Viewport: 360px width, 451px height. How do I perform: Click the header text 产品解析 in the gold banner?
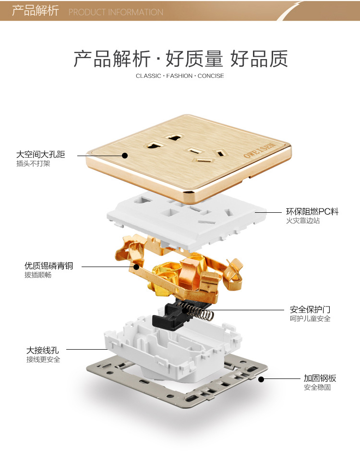[x=35, y=11]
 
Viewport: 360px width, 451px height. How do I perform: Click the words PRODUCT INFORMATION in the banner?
[x=116, y=12]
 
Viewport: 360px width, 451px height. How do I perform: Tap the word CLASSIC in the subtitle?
[x=148, y=76]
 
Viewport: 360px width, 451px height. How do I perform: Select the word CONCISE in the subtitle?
[x=211, y=76]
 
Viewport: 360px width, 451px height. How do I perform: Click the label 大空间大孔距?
[x=40, y=155]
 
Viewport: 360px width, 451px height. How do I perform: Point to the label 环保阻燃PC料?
[x=312, y=211]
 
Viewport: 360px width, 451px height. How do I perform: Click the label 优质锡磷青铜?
[x=49, y=266]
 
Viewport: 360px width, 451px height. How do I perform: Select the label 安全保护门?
[x=310, y=309]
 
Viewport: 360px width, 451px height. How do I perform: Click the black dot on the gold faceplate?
[x=124, y=155]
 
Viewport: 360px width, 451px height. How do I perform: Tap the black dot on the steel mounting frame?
[x=261, y=379]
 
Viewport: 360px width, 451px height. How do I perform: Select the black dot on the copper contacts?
[x=136, y=266]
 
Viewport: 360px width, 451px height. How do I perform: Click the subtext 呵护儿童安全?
[x=310, y=319]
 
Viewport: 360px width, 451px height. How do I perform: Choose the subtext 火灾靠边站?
[x=303, y=221]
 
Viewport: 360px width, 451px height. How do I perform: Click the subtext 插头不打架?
[x=33, y=164]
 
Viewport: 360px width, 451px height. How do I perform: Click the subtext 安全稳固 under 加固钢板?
[x=317, y=388]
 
